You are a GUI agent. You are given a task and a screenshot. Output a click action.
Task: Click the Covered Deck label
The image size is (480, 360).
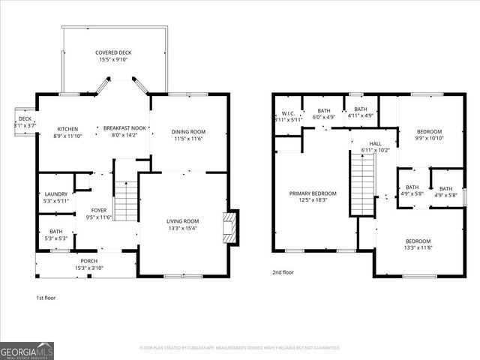113,56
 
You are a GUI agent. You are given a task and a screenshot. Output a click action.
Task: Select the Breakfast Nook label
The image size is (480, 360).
124,132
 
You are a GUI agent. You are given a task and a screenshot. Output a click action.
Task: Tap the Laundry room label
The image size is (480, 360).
56,197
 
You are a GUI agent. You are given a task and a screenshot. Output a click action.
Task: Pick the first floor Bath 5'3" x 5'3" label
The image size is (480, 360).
56,235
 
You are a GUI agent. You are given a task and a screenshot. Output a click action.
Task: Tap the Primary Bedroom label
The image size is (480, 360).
313,197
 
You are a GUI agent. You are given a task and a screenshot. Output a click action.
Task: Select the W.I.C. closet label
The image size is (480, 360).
288,116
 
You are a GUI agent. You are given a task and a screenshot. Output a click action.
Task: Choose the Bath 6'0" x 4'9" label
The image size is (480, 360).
323,114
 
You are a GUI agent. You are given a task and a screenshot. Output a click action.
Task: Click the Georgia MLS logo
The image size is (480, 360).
27,349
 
